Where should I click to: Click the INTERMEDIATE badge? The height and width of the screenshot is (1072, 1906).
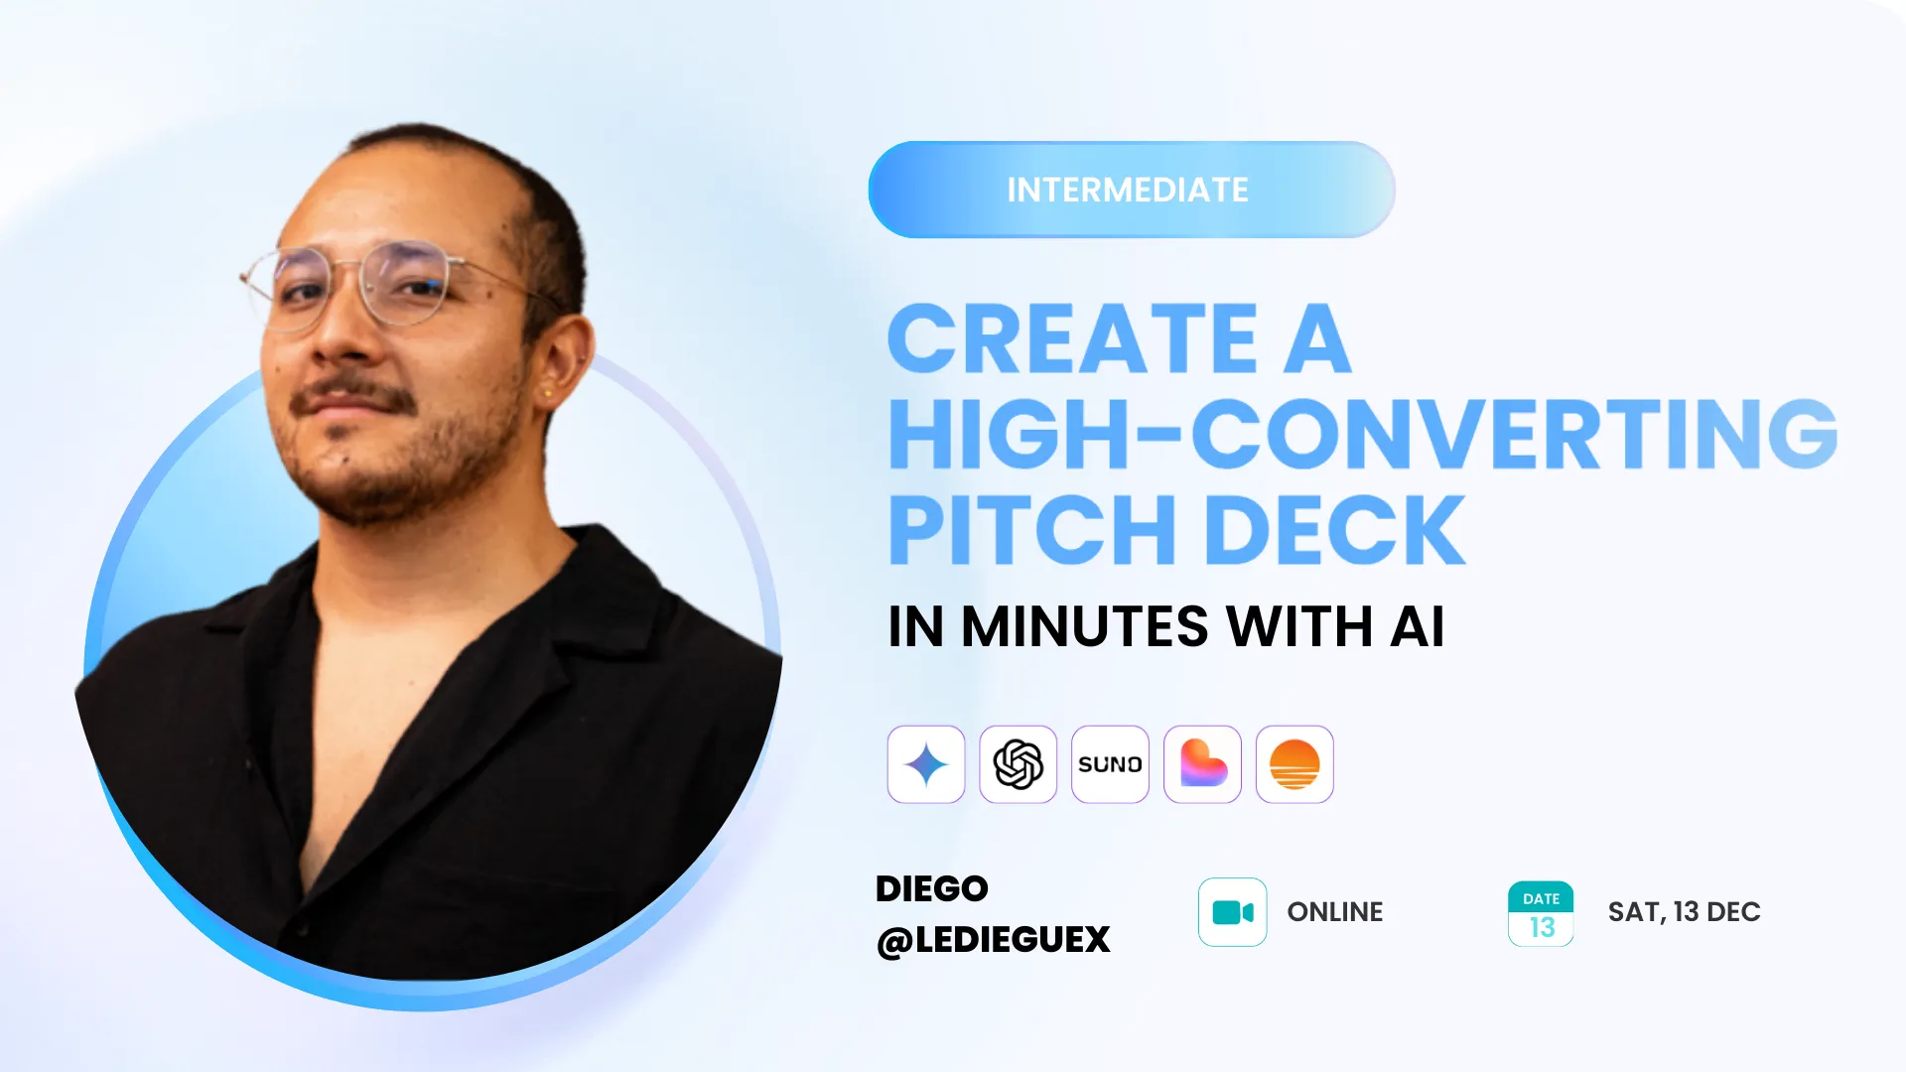coord(1132,190)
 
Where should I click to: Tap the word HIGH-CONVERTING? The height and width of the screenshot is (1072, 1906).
coord(1363,434)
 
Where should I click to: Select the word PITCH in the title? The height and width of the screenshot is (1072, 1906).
coord(1032,529)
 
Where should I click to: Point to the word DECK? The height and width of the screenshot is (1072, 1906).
coord(1335,529)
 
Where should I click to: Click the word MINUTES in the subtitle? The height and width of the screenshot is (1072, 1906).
coord(1085,626)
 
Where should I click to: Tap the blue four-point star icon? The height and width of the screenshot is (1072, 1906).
coord(926,764)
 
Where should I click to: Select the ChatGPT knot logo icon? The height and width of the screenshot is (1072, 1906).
coord(1019,764)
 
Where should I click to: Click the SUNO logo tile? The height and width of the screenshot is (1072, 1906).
coord(1110,764)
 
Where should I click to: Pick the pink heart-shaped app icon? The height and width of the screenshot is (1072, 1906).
coord(1202,764)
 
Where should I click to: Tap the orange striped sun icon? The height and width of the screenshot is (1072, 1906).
coord(1294,764)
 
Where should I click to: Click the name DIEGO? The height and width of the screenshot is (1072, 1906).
coord(932,888)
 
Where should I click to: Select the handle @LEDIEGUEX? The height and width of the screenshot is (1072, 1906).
coord(994,940)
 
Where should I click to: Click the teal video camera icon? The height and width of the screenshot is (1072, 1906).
coord(1233,912)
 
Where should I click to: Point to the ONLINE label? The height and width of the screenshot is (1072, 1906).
coord(1335,912)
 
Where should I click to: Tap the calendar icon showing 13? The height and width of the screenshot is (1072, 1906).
coord(1541,914)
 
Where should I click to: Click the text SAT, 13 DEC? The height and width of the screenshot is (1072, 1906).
coord(1685,912)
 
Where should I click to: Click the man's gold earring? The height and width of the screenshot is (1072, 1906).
coord(547,394)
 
